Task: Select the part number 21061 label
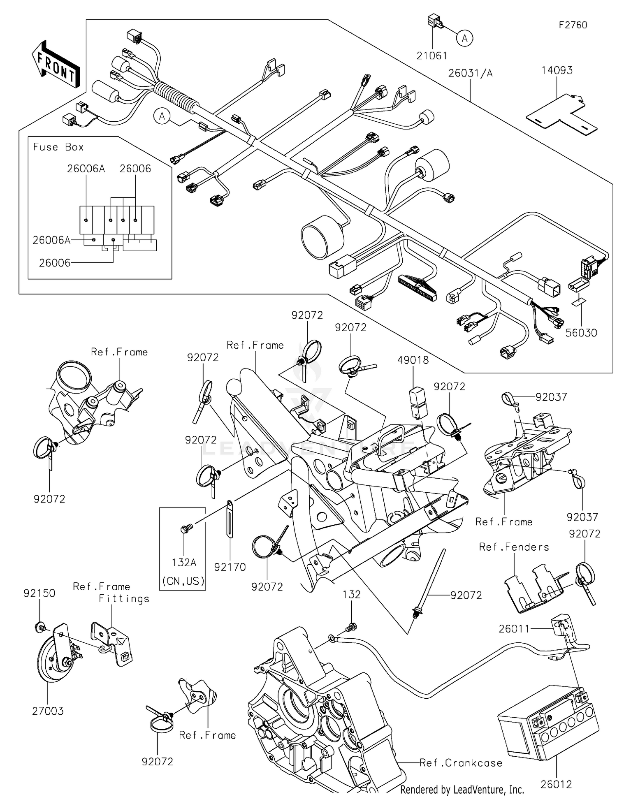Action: (x=431, y=56)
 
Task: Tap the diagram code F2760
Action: (x=573, y=25)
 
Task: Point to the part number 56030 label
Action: (x=581, y=333)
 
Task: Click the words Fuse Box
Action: (x=58, y=147)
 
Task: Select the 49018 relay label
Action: (x=413, y=360)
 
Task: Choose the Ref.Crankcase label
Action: (x=461, y=763)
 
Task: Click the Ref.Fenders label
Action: (x=514, y=547)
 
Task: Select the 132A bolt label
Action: (x=184, y=563)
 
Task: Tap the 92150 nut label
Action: (x=39, y=593)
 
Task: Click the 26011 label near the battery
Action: (x=514, y=629)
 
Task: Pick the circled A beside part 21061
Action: (x=464, y=38)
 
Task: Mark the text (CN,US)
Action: (x=183, y=581)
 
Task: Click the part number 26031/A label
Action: (x=470, y=73)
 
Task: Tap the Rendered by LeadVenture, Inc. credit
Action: (x=462, y=789)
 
